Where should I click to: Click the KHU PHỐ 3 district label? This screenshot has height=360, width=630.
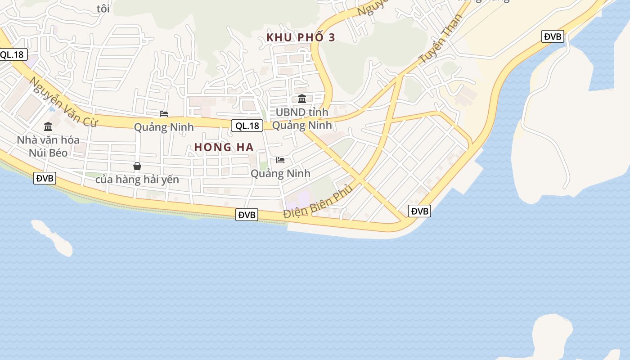point(301,37)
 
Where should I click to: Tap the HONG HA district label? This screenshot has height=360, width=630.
point(224,147)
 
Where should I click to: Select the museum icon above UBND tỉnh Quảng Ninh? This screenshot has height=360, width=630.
point(302,99)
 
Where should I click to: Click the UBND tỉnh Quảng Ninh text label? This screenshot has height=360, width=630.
point(302,118)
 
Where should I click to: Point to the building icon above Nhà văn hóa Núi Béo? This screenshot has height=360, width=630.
point(48,126)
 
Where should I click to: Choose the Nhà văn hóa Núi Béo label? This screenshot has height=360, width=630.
point(48,146)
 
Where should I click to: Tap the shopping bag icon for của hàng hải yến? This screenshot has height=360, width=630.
point(137,166)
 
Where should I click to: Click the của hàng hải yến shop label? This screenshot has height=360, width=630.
point(137,180)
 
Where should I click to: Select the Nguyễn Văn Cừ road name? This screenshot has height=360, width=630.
point(63,102)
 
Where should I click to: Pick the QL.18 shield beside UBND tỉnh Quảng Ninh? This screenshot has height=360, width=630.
point(247,126)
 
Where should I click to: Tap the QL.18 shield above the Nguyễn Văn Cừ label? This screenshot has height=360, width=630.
point(13,55)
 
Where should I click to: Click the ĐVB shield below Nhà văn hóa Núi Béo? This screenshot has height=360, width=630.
point(45,178)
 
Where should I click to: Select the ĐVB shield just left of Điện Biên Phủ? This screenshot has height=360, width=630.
point(247,215)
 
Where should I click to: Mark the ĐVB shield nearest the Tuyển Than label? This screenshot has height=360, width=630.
point(553,36)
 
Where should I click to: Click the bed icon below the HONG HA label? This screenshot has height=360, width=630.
point(280,160)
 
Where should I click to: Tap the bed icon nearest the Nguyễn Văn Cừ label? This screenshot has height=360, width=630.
point(164,114)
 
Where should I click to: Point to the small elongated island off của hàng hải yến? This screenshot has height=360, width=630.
point(52,237)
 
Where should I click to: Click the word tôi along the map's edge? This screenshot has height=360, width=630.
point(103,9)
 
